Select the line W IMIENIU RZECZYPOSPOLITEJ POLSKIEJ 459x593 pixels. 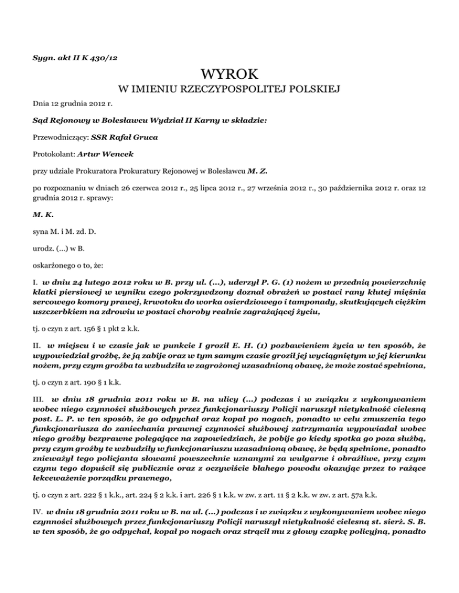229,91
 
